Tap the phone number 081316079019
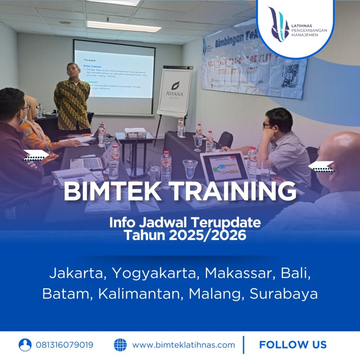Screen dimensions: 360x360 pos(65,345)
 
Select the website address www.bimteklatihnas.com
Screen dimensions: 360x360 pos(184,345)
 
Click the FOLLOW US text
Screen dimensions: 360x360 pos(292,345)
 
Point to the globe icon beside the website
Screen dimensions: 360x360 pos(120,345)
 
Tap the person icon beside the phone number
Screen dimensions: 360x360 pos(25,345)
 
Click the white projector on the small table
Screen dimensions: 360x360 pos(135,132)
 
